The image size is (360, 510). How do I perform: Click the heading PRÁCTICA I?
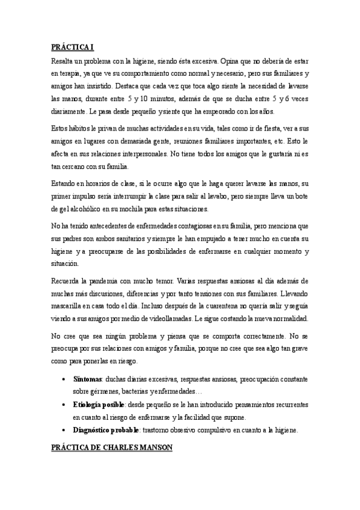point(72,47)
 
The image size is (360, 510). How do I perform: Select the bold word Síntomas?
point(88,380)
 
